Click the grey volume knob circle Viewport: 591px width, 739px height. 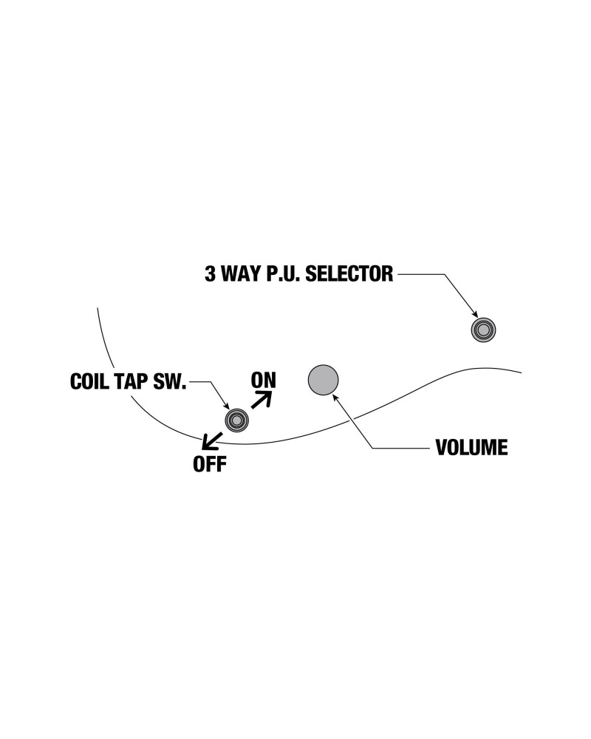[323, 379]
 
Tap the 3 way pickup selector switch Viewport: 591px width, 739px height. [483, 330]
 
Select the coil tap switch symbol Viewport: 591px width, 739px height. [237, 420]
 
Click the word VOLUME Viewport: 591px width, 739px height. [471, 448]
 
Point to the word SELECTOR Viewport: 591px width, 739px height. [349, 274]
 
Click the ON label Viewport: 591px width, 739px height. [263, 380]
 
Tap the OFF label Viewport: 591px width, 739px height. [210, 465]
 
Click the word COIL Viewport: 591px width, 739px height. [91, 382]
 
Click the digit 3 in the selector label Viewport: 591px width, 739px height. [210, 274]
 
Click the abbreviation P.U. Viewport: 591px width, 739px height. [284, 274]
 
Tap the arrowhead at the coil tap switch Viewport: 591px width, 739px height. [228, 408]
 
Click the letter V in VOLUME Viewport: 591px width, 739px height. [441, 448]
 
